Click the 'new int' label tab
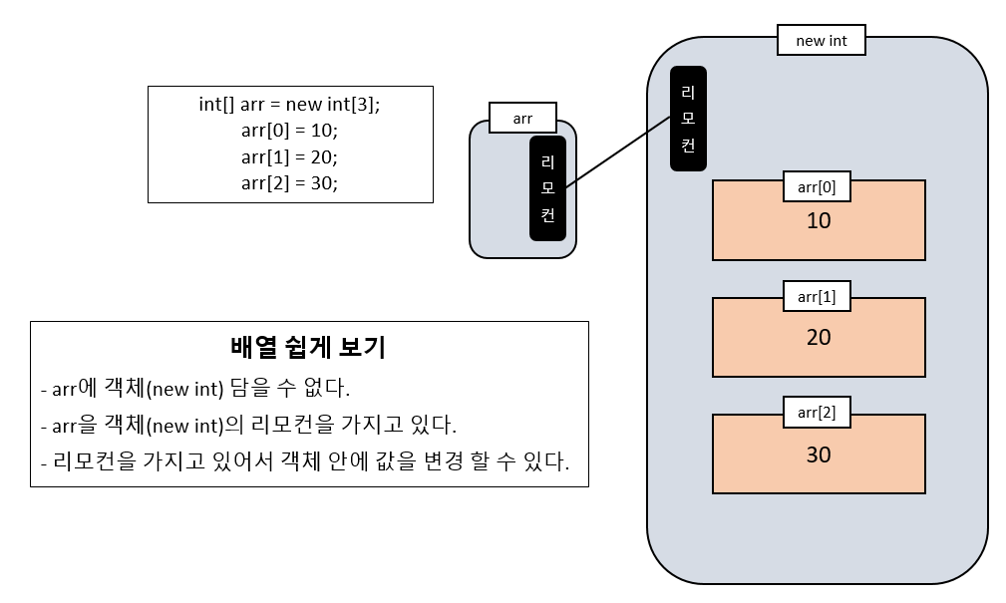(821, 41)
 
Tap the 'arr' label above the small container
(522, 119)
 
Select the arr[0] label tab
(817, 186)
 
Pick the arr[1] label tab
(817, 297)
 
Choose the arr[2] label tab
(817, 413)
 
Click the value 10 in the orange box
(818, 221)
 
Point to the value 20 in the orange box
(818, 338)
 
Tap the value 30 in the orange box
(818, 454)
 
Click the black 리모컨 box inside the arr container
(547, 188)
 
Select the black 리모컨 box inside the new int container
(688, 119)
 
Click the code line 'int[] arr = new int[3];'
(290, 105)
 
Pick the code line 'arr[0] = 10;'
(290, 131)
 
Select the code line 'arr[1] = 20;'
(290, 156)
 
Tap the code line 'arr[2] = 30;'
(290, 182)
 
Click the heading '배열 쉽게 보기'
(308, 348)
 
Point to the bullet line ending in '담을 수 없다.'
(194, 388)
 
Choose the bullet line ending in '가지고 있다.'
(247, 426)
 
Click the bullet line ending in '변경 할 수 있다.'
(304, 462)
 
